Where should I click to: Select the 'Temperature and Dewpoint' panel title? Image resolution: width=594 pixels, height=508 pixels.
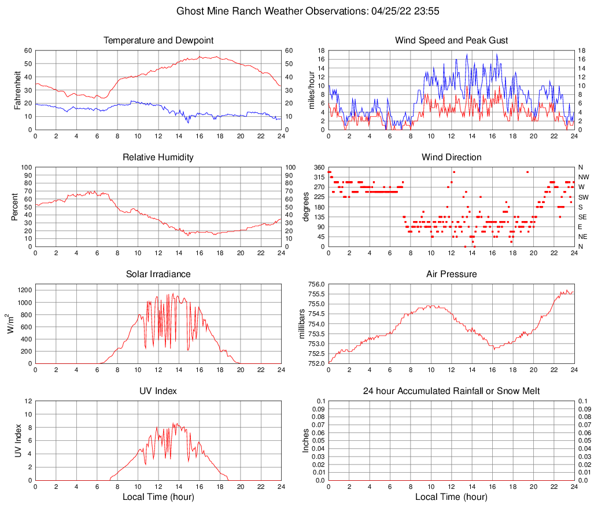pos(158,41)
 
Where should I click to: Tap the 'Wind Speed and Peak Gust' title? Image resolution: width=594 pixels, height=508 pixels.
pos(451,41)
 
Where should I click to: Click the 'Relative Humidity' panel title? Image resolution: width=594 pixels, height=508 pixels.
pos(158,157)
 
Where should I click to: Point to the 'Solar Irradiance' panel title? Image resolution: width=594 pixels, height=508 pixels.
pos(158,274)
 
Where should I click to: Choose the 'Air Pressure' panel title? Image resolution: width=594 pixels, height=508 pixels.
pos(451,274)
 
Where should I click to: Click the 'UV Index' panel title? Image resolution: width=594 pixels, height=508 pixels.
pos(158,391)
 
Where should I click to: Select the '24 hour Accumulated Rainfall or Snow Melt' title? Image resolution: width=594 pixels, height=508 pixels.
pos(451,391)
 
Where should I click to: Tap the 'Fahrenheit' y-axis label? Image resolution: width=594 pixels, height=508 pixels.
pos(17,90)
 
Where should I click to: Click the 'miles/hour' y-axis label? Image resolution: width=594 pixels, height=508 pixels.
pos(311,90)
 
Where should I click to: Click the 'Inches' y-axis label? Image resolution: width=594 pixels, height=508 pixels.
pos(306,440)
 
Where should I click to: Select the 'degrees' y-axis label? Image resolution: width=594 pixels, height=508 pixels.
pos(306,207)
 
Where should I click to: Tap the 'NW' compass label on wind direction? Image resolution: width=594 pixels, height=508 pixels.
pos(583,177)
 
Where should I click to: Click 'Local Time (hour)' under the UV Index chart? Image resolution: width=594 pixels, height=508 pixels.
pos(158,497)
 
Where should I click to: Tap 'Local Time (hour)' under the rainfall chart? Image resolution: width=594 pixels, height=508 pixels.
pos(451,497)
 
